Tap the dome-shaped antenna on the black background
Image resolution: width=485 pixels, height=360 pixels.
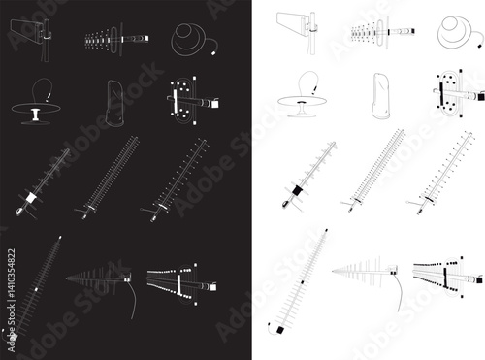pos(190,40)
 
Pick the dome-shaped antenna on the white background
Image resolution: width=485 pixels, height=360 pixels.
pos(456,32)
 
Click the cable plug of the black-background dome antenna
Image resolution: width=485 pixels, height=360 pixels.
pos(213,51)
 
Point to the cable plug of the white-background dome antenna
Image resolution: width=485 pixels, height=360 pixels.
pos(480,46)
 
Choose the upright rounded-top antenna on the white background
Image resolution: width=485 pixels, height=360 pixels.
pos(381,96)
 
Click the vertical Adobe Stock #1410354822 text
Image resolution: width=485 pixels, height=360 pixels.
pos(12,300)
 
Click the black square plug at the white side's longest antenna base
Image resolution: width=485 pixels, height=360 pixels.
pos(280,330)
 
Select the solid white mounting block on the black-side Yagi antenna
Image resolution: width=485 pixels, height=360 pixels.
pos(31,197)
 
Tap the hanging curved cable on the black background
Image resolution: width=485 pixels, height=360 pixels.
pos(132,300)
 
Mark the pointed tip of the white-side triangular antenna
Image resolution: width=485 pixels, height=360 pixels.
pos(333,271)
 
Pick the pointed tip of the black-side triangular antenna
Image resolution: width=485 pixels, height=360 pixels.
pos(67,278)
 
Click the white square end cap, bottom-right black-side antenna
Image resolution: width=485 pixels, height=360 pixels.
pos(213,287)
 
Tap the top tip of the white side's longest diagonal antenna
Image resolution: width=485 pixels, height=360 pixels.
pos(326,230)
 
